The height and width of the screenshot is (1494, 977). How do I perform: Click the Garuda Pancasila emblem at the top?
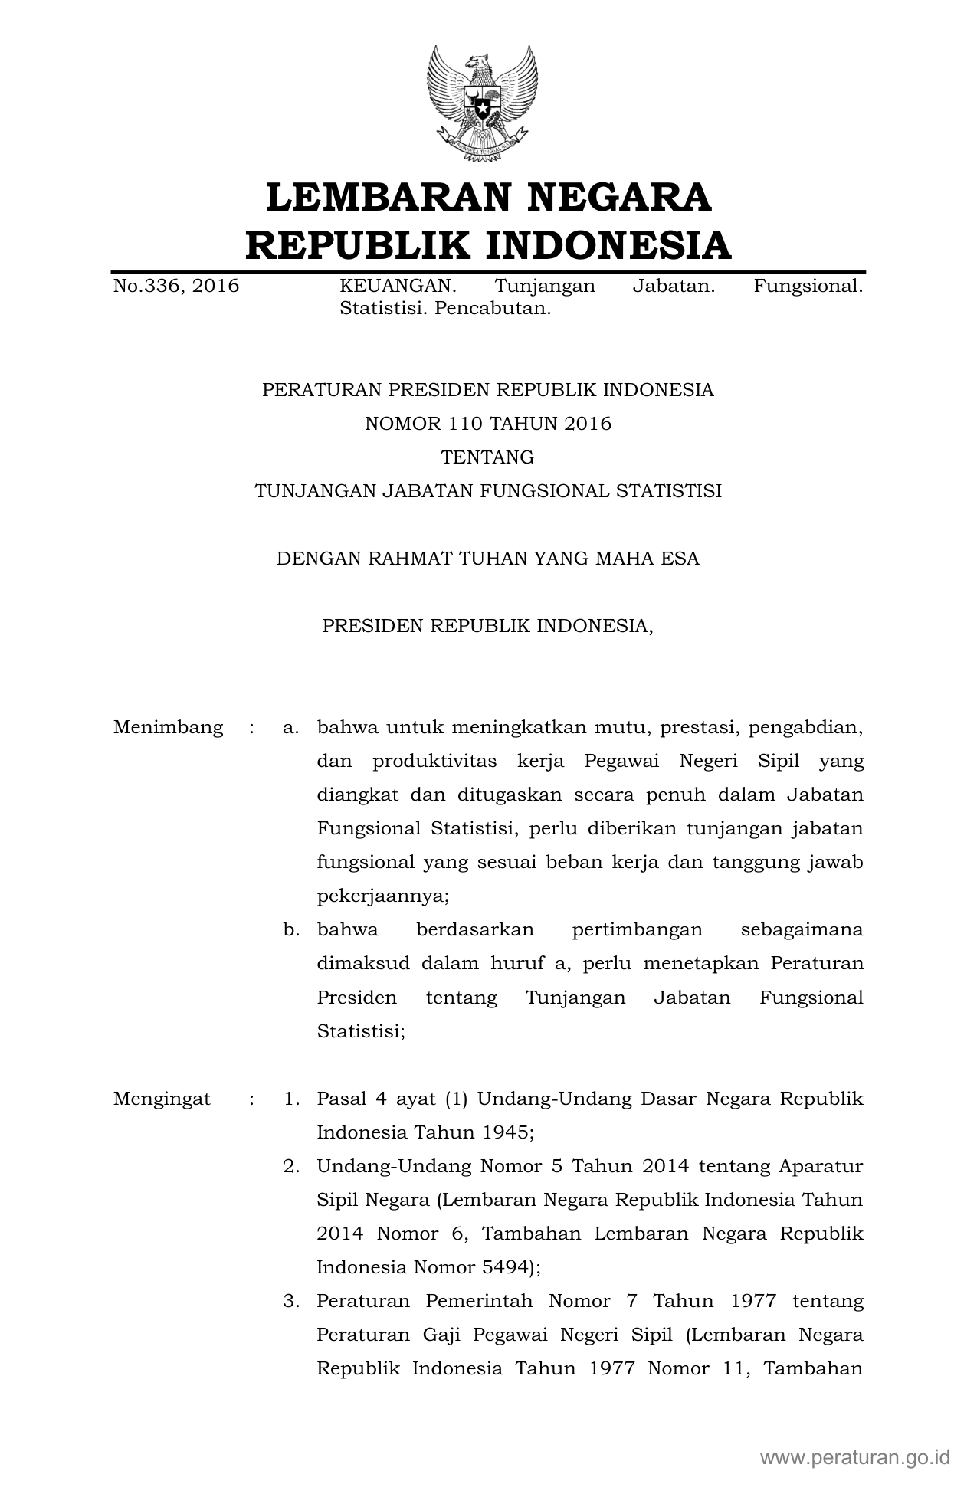click(x=482, y=103)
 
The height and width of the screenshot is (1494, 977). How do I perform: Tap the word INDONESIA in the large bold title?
click(x=609, y=245)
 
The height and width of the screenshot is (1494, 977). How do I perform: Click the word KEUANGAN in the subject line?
click(x=398, y=287)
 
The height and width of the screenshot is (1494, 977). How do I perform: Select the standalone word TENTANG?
click(x=487, y=457)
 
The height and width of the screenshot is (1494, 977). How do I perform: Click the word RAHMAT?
click(x=411, y=559)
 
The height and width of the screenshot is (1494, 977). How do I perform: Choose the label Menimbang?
click(x=169, y=727)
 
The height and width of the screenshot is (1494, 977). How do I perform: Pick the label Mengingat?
click(x=162, y=1099)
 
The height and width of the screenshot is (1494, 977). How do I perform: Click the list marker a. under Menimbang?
click(x=290, y=727)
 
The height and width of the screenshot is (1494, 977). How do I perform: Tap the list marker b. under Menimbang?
click(x=290, y=930)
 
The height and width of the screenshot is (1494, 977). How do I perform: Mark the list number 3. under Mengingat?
click(x=290, y=1302)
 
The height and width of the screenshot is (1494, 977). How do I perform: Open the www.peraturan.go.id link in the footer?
click(x=855, y=1456)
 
